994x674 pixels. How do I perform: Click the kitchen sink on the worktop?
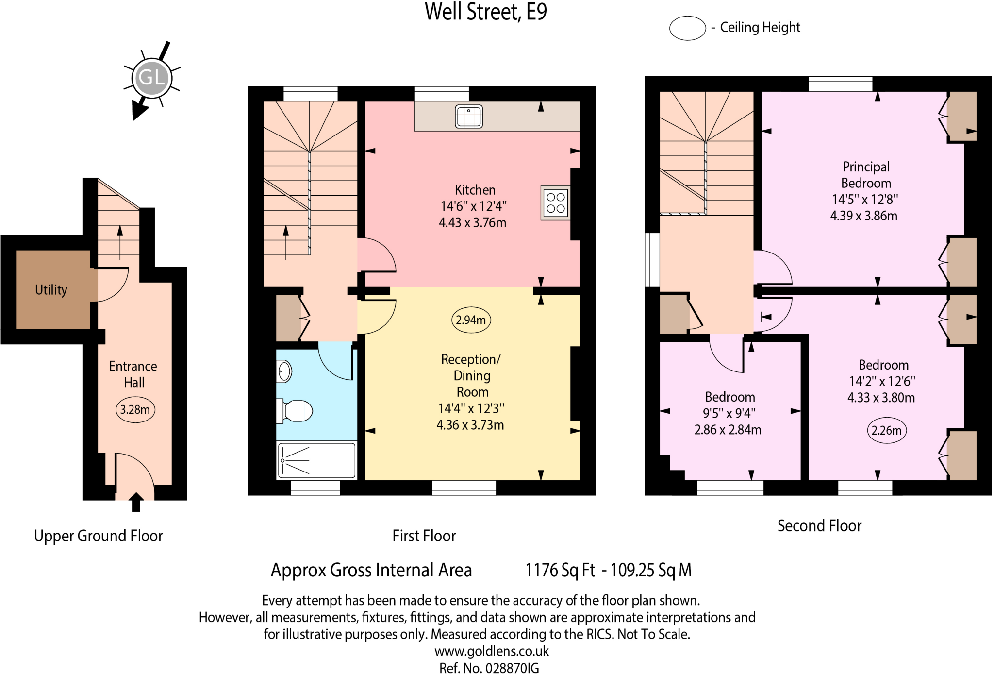469,117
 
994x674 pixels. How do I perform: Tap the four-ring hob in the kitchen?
555,203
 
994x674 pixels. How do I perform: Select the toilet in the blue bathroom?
296,411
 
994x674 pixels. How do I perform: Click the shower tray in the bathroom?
317,460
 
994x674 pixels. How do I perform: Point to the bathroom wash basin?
284,372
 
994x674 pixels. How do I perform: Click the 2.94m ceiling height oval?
471,320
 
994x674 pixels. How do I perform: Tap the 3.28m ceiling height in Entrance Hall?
135,410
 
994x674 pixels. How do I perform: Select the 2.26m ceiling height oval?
886,430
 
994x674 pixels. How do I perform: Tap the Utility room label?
51,290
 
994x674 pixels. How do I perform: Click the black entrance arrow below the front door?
136,502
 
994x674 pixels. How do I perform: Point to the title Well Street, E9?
486,12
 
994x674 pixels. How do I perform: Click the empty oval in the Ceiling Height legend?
687,28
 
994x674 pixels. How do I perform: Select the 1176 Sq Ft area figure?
560,570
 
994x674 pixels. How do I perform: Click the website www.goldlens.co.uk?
492,651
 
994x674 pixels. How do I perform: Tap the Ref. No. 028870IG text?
489,668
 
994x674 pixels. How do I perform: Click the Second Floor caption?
819,526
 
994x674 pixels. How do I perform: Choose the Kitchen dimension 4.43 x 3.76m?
472,223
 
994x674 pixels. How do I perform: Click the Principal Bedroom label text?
866,175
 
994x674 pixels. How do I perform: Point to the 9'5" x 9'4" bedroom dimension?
729,413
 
